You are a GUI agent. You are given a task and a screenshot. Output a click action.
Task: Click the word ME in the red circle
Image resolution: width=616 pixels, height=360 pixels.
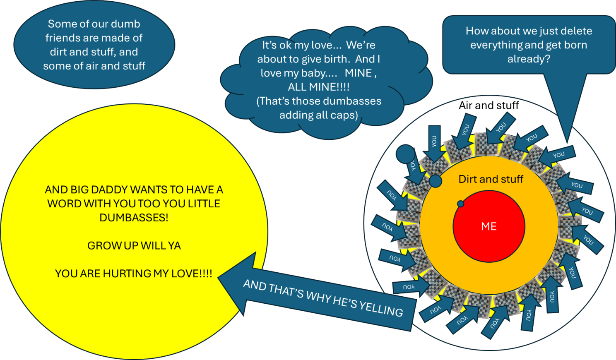488,226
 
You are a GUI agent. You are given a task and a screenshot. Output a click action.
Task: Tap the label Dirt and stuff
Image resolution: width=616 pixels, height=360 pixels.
491,179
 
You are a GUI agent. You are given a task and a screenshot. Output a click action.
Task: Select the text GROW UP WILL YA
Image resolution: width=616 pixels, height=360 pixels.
134,246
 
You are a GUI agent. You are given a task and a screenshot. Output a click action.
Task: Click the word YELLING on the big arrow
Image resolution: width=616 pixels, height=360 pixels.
381,308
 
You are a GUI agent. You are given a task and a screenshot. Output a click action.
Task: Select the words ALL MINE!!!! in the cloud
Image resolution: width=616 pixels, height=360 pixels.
318,87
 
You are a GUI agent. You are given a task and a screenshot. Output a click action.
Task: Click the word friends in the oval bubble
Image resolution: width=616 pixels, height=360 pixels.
63,38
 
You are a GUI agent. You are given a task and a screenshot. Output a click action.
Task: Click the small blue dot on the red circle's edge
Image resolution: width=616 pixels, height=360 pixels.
460,204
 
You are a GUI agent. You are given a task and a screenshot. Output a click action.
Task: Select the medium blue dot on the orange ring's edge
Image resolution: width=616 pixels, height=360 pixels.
435,181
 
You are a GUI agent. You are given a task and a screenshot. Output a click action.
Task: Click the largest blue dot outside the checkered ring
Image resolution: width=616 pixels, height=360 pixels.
406,154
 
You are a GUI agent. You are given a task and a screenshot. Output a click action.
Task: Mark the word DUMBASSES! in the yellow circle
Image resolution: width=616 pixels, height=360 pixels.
134,218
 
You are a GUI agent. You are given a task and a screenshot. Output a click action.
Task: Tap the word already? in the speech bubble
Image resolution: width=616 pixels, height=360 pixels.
529,59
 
